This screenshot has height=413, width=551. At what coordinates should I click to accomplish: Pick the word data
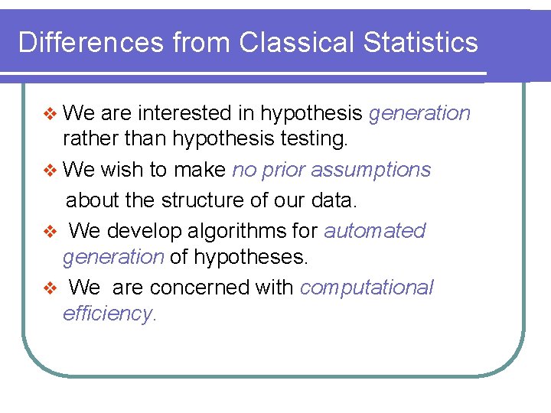pyautogui.click(x=334, y=200)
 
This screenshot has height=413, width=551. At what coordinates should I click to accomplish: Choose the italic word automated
pyautogui.click(x=375, y=230)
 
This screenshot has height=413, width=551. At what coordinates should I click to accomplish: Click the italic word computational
pyautogui.click(x=367, y=287)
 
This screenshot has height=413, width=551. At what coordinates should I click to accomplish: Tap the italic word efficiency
pyautogui.click(x=109, y=314)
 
